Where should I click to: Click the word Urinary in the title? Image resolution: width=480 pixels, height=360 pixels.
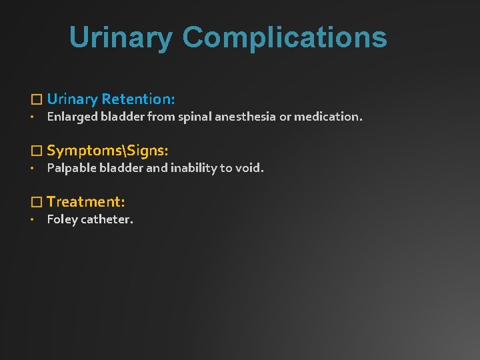(121, 37)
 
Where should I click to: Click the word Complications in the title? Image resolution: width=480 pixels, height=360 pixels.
(285, 37)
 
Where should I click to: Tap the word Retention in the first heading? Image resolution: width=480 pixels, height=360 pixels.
(139, 99)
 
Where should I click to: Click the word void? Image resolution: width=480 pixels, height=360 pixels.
(249, 169)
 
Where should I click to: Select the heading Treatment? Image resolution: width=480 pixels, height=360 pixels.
(86, 201)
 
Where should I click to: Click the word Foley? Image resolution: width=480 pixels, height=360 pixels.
(61, 219)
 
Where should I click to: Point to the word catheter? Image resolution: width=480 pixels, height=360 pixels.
(107, 219)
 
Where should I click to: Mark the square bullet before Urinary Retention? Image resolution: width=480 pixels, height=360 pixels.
(37, 100)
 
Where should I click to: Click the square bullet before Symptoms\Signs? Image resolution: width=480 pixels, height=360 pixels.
(37, 151)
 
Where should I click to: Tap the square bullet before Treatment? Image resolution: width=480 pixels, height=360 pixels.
(37, 202)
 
